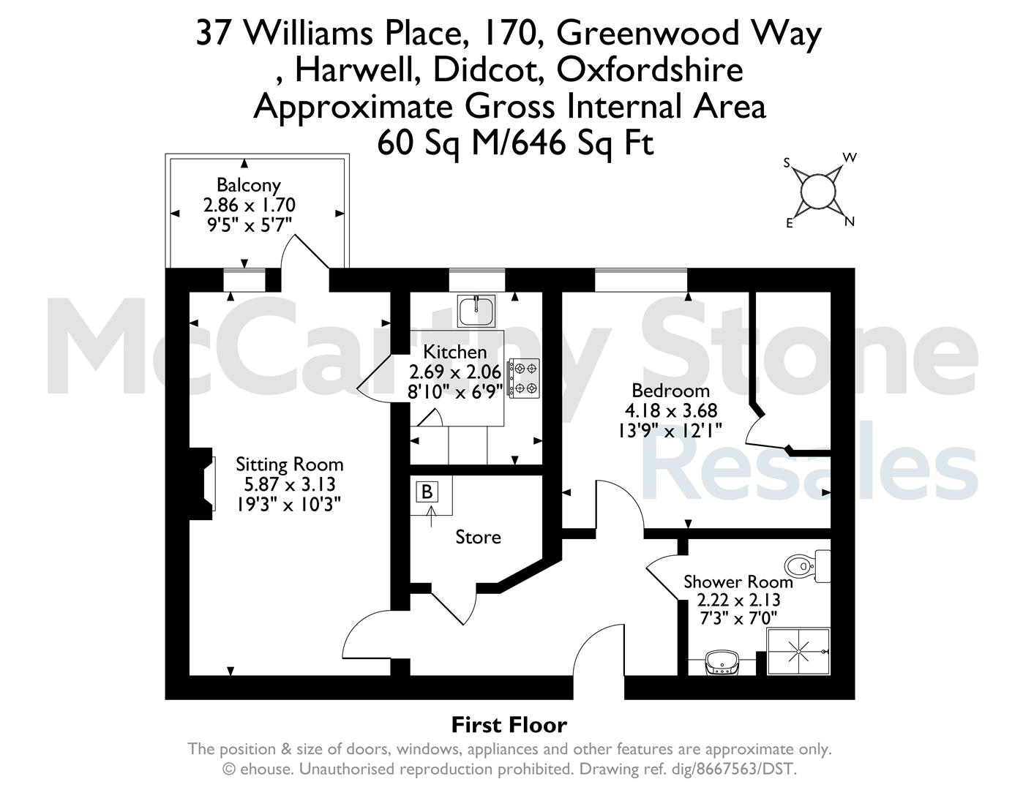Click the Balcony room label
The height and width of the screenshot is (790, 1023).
tap(248, 185)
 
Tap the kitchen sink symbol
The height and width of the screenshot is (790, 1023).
tap(476, 310)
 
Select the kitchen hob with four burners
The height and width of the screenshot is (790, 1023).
tap(525, 378)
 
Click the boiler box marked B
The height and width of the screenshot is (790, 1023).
tap(427, 492)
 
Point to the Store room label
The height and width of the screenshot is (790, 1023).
tap(478, 538)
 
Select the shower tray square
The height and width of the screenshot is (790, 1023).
tap(798, 650)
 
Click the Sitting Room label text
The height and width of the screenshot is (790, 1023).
tap(289, 464)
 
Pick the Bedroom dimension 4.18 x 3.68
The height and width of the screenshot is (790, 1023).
tap(671, 410)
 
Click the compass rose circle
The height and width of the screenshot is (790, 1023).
tap(818, 192)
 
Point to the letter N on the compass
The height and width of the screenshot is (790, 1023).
tap(850, 222)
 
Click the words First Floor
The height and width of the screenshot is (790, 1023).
tap(509, 725)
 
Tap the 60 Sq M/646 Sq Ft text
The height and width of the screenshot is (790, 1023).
tap(514, 142)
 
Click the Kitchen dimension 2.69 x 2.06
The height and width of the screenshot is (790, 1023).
tap(455, 372)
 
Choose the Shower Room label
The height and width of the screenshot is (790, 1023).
tap(738, 582)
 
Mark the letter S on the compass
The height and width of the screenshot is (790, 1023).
tap(787, 163)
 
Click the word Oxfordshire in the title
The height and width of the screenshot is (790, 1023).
tap(650, 70)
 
